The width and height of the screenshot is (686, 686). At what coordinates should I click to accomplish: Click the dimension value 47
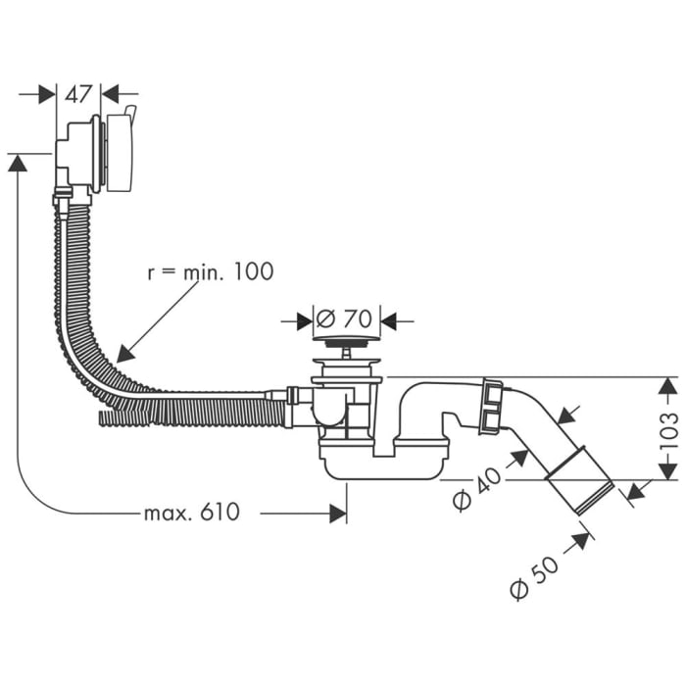pyautogui.click(x=78, y=94)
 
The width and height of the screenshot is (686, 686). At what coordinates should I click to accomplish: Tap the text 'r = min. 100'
pyautogui.click(x=210, y=271)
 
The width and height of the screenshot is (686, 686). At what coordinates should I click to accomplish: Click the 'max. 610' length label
pyautogui.click(x=191, y=512)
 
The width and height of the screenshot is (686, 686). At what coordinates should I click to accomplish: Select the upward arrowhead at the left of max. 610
pyautogui.click(x=18, y=163)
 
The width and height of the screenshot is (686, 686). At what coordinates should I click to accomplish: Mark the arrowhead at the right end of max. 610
pyautogui.click(x=338, y=512)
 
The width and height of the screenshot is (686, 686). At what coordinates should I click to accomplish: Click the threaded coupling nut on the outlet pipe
pyautogui.click(x=489, y=408)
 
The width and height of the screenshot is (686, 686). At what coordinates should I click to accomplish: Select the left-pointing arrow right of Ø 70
pyautogui.click(x=389, y=319)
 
